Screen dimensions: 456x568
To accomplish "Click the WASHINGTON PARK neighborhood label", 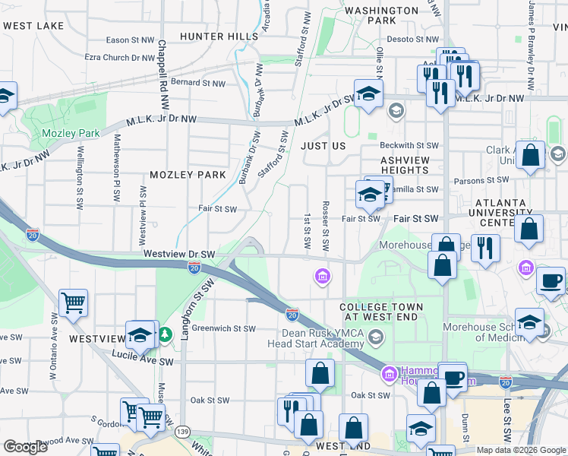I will (x=381, y=16).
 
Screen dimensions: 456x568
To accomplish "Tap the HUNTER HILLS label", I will (x=213, y=36).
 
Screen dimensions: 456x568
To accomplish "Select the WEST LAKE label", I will (x=33, y=26).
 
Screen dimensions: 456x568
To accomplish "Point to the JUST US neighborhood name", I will (x=323, y=145).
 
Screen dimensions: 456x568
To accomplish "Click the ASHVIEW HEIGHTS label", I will (x=395, y=165).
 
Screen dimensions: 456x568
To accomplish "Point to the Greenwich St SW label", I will (x=224, y=329).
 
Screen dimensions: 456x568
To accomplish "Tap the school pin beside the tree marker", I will (x=141, y=335).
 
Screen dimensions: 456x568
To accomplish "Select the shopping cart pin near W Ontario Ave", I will (x=74, y=302).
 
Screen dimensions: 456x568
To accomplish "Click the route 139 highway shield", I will (x=182, y=432).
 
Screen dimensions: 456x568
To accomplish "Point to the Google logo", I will (x=25, y=447).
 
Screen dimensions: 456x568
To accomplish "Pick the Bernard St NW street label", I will (x=197, y=83).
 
